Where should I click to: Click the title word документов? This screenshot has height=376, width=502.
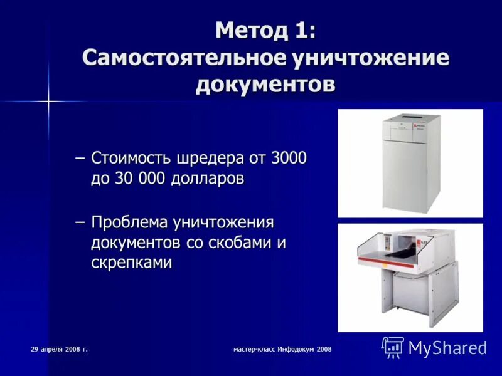tap(265, 85)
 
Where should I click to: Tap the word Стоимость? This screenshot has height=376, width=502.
tap(129, 158)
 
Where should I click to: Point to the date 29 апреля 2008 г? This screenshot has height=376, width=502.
tap(59, 348)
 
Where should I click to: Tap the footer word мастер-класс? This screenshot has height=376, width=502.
tap(250, 349)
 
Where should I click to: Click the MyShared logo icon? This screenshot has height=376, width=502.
tap(393, 347)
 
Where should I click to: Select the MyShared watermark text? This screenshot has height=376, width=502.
tap(447, 348)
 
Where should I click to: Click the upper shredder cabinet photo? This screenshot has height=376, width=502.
tap(409, 163)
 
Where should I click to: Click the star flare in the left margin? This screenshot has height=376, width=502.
tap(48, 100)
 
